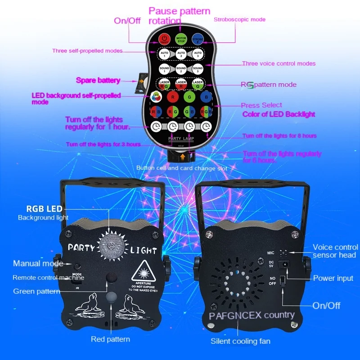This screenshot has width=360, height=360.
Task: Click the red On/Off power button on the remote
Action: tap(165, 39)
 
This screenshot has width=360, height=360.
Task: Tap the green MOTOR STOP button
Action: tap(181, 39)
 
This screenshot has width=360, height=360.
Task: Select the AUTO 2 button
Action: tap(181, 54)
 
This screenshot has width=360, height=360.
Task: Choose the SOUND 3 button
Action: tap(198, 69)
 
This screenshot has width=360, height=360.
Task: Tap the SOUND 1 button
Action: tap(165, 69)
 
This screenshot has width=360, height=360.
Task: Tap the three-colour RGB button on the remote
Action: tap(206, 111)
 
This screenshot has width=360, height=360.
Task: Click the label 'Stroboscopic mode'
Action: tap(239, 19)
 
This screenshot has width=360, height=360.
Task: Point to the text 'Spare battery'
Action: tap(98, 81)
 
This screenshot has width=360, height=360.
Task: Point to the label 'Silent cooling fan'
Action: tap(241, 341)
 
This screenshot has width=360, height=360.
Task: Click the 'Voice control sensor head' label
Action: tap(335, 251)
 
